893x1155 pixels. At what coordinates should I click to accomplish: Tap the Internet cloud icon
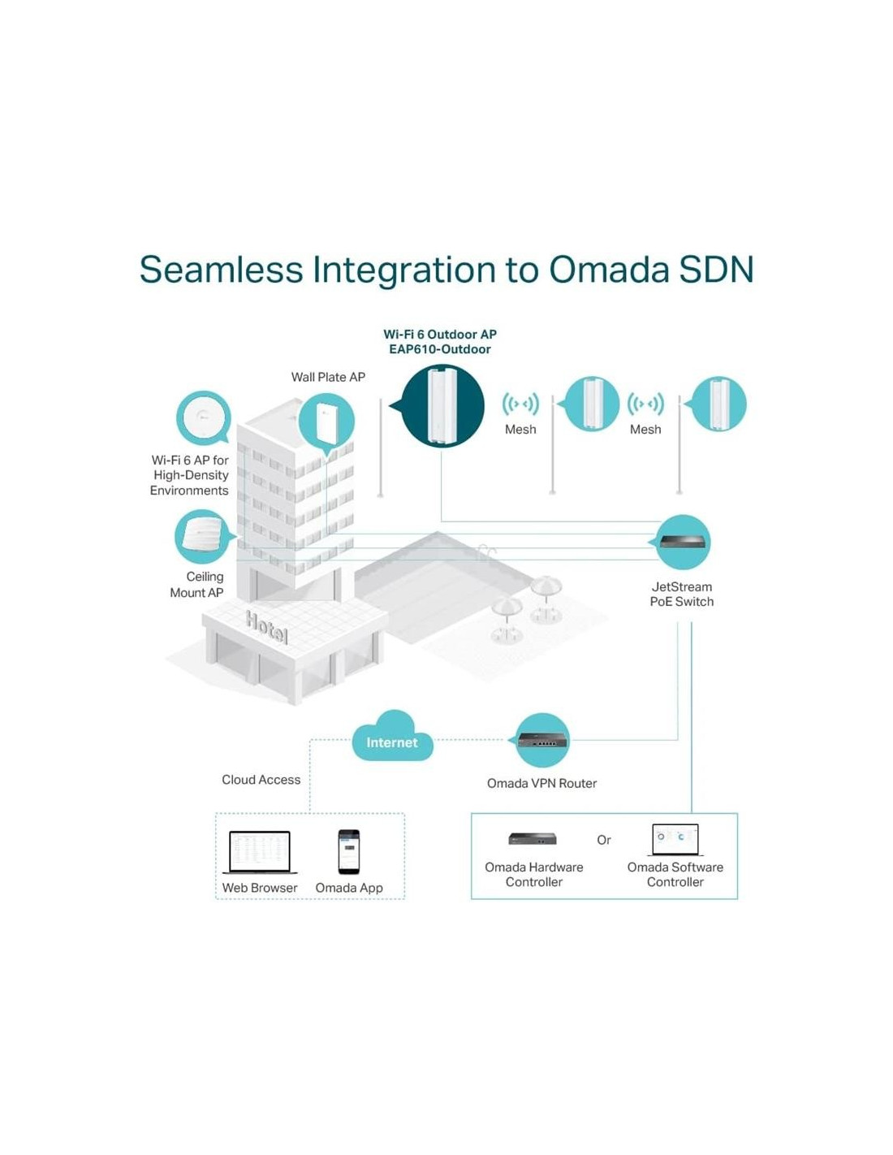point(392,737)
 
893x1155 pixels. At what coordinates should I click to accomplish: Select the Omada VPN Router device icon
point(542,740)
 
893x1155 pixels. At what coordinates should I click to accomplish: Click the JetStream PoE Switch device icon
point(682,542)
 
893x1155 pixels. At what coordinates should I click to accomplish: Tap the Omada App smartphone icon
point(349,851)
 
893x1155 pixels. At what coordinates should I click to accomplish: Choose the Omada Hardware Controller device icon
point(533,839)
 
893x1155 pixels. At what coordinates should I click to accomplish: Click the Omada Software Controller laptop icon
point(675,839)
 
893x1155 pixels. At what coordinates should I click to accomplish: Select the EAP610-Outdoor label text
point(440,349)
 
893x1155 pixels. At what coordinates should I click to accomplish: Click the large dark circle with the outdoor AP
point(442,406)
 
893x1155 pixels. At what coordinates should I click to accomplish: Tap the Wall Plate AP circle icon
point(326,422)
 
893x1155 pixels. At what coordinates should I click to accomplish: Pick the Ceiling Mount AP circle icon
point(201,536)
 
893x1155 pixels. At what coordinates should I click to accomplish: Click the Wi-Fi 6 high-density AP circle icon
point(203,418)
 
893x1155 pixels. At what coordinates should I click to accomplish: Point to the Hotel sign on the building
point(266,627)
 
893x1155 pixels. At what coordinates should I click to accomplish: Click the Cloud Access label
point(261,780)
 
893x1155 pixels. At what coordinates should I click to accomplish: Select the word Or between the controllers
point(604,840)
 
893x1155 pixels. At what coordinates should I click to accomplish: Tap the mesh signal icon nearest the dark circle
point(520,404)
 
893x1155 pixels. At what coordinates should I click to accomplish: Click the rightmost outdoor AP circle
point(718,404)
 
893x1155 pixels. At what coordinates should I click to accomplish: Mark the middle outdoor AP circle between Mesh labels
point(592,404)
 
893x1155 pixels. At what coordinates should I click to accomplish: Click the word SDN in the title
point(717,270)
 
